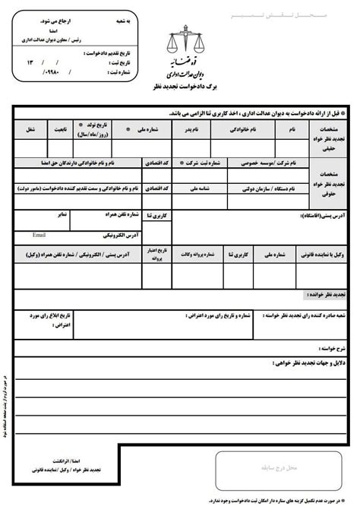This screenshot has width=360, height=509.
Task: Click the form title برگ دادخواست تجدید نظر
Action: pos(182,88)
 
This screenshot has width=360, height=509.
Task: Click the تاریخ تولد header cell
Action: pos(95,127)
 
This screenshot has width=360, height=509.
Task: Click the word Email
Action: pos(39,236)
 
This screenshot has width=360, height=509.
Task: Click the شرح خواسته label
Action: pos(332,348)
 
